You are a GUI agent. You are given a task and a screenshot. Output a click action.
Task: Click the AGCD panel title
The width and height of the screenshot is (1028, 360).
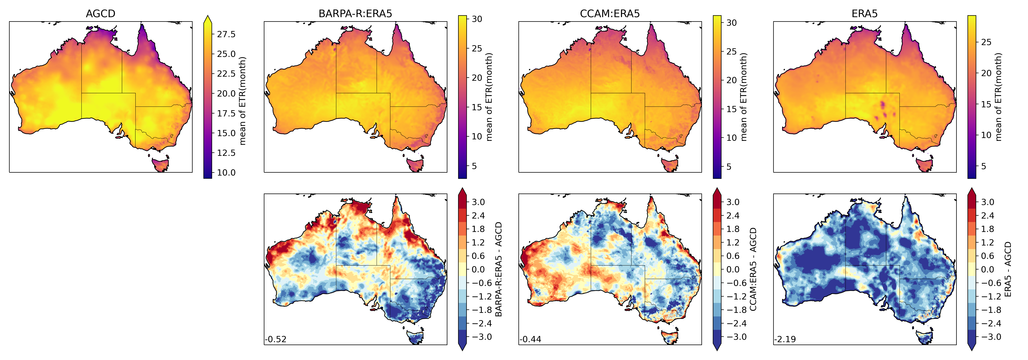101,14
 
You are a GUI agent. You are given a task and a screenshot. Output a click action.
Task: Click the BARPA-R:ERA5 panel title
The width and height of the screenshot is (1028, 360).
355,14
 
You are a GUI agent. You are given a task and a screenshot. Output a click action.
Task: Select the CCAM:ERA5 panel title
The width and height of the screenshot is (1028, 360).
610,14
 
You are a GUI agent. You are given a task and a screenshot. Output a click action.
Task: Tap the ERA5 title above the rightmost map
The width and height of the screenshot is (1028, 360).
864,14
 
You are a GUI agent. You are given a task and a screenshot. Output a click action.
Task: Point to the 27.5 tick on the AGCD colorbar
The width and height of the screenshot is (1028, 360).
226,34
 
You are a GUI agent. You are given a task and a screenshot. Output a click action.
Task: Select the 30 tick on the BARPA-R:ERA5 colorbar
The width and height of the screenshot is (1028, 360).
477,19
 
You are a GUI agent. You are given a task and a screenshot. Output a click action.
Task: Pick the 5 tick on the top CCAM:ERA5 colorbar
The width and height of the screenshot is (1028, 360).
729,167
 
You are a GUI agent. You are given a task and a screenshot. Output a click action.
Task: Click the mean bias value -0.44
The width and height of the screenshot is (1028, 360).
530,339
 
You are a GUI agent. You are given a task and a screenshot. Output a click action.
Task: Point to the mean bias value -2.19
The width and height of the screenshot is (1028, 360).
785,339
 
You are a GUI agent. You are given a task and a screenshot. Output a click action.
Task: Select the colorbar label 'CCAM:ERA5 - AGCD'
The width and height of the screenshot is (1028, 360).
753,269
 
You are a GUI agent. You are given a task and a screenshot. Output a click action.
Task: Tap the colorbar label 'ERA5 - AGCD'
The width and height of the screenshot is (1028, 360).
1008,269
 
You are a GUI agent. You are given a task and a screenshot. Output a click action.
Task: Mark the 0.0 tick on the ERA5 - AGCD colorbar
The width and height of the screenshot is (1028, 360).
987,269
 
